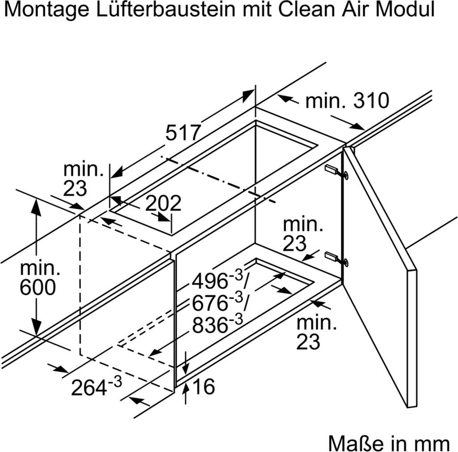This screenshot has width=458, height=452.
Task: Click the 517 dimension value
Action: tap(182, 133)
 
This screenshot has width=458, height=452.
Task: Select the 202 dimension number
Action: tap(163, 204)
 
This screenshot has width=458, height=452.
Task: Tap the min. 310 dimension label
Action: tap(347, 101)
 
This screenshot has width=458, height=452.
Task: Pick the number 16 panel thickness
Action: tap(204, 387)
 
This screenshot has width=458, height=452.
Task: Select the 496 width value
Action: tap(211, 281)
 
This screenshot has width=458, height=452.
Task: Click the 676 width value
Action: tap(211, 304)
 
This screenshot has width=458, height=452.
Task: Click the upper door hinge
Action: tap(336, 171)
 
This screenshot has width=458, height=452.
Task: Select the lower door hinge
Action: tap(336, 258)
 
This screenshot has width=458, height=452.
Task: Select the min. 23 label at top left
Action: tap(83, 179)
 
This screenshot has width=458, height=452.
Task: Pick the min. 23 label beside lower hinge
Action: tap(303, 234)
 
